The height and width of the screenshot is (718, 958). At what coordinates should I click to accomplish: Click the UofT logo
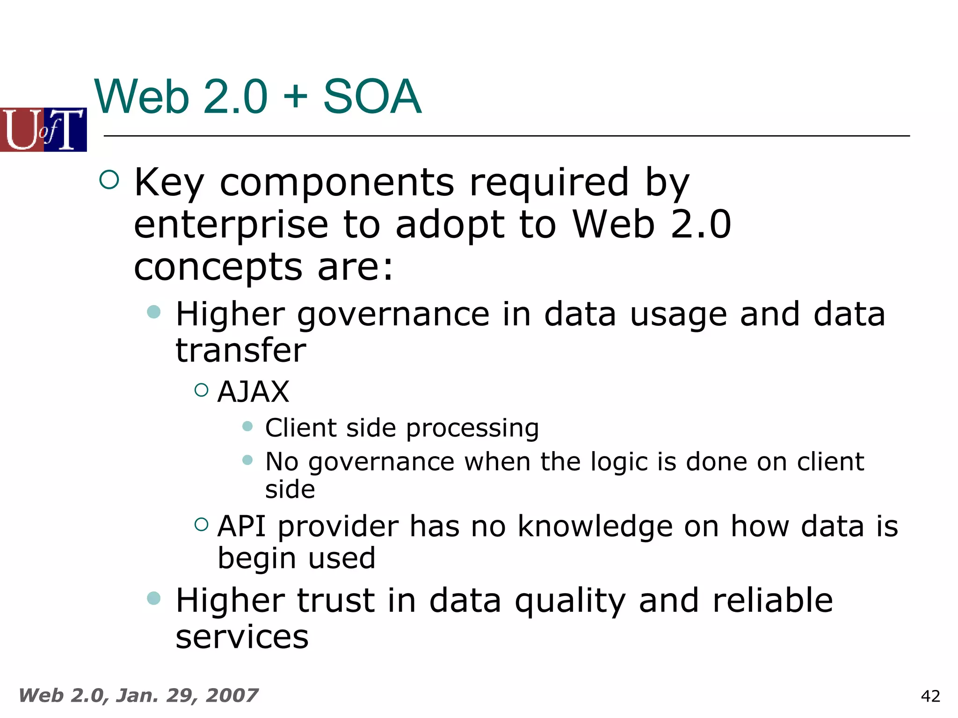pos(43,129)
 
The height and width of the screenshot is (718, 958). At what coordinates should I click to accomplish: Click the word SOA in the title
pos(372,97)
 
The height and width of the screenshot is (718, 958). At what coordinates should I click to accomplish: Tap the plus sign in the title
pos(295,97)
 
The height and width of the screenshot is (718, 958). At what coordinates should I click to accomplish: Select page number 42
pos(930,696)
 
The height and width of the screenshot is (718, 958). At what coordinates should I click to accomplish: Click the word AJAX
pos(253,392)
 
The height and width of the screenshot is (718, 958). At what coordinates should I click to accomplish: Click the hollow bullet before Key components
pos(109,179)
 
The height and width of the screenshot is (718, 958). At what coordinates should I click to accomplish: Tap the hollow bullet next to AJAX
pos(201,390)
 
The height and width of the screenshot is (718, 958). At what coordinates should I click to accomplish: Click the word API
pos(242,526)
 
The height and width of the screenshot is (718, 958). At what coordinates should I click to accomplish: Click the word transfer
pos(240,351)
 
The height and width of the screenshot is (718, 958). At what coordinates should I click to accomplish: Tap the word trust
pos(335,601)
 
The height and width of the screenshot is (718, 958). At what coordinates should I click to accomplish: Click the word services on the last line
pos(242,638)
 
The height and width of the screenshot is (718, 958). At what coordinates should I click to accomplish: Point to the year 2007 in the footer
pos(232,696)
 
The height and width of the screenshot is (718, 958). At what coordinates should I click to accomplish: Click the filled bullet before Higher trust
pos(153,598)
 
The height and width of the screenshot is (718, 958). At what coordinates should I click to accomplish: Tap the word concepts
pos(218,267)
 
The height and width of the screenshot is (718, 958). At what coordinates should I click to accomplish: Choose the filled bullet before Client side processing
pos(247,426)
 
